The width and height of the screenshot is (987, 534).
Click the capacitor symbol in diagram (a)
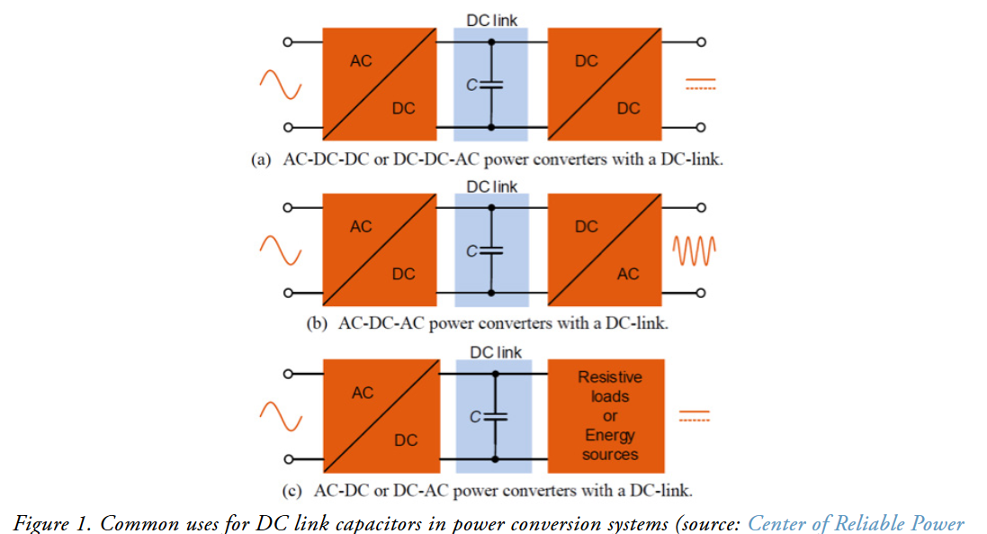click(490, 85)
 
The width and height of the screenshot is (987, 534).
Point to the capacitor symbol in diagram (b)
click(491, 250)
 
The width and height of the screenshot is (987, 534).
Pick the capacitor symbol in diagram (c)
click(495, 416)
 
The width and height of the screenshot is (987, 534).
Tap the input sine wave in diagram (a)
click(280, 86)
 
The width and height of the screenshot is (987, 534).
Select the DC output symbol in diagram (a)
click(700, 85)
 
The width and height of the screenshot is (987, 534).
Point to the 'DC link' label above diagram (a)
click(491, 19)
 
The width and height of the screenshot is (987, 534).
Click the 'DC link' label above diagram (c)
click(496, 352)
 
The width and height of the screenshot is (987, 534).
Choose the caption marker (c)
click(292, 491)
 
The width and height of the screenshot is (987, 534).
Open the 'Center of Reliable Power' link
click(855, 524)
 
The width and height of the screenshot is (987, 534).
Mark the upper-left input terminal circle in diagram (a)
click(288, 41)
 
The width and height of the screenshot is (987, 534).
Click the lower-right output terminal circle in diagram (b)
click(700, 293)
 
